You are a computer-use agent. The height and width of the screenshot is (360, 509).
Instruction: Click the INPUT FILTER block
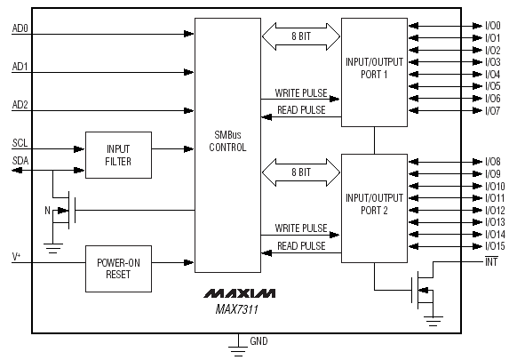(118, 155)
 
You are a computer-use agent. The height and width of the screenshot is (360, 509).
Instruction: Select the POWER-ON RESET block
(118, 268)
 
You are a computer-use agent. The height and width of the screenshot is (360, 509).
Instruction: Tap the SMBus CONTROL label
(227, 141)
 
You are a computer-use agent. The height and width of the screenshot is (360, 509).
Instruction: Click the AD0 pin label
(20, 28)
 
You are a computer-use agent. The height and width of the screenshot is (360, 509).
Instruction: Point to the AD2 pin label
(20, 105)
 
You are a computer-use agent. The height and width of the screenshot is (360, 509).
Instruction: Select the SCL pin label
(20, 143)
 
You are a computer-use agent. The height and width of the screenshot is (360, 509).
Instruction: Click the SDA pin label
(20, 161)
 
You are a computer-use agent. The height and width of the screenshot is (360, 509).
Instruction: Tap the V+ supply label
(16, 257)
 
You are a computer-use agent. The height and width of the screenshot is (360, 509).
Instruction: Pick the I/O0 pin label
(493, 26)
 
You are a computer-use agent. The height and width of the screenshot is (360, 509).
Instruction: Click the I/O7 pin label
(493, 111)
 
